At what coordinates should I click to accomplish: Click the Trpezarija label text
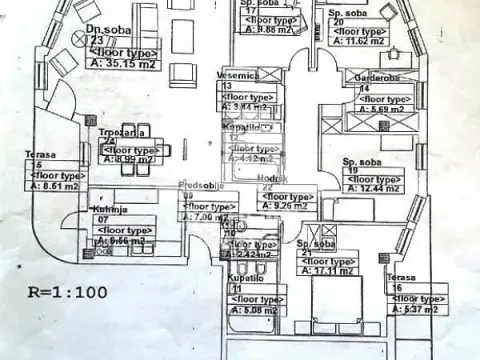tap(124, 131)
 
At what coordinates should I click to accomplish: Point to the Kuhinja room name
tap(83, 207)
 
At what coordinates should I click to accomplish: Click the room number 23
tap(96, 41)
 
